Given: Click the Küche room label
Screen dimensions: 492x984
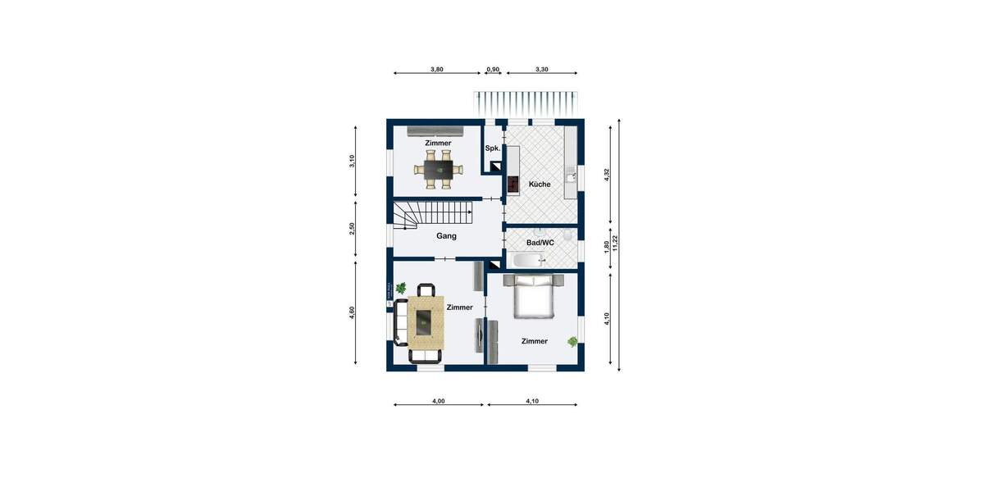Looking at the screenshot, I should click(x=539, y=184).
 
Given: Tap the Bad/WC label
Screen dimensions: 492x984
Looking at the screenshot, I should click(x=540, y=243).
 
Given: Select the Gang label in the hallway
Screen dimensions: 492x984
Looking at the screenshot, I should click(x=446, y=236).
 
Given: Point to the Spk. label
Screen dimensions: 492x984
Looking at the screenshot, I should click(x=492, y=148).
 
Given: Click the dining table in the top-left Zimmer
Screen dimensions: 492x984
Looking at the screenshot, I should click(x=438, y=170).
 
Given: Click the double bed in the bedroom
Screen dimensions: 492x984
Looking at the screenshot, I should click(x=535, y=296).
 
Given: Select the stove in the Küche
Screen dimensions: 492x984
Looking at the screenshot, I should click(x=513, y=184).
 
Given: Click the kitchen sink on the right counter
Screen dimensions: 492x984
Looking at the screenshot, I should click(x=570, y=175).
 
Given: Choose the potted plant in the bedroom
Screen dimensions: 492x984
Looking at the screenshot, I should click(x=572, y=341).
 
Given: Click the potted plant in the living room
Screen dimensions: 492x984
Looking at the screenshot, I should click(x=401, y=288).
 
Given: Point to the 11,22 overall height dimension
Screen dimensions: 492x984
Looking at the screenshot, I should click(x=614, y=244).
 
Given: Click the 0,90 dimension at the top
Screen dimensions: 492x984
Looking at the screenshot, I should click(x=493, y=70).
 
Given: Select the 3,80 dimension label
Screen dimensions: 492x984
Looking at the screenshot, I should click(x=437, y=70).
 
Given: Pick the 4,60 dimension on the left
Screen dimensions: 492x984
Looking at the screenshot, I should click(x=352, y=312).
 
